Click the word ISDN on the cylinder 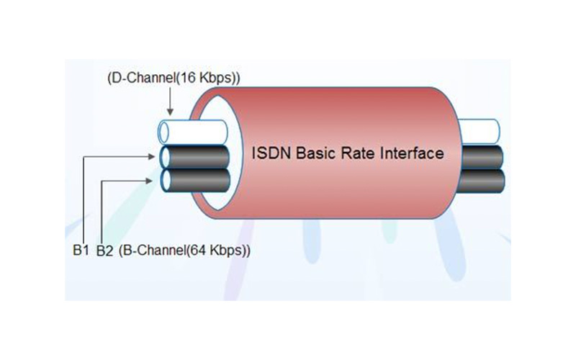point(267,154)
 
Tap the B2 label point(105,252)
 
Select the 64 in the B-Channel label point(195,252)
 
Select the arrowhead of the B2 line point(153,181)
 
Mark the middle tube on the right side point(483,156)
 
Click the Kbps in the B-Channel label point(225,252)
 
